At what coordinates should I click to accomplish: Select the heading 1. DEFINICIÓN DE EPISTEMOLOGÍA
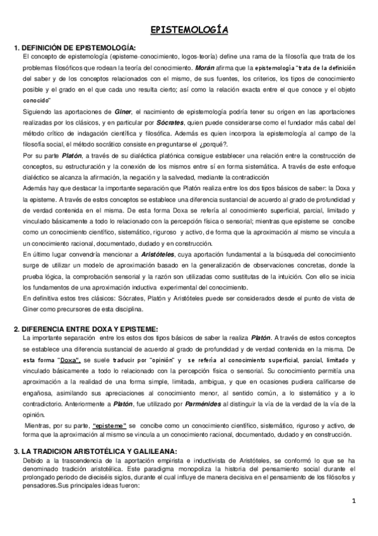pos(74,48)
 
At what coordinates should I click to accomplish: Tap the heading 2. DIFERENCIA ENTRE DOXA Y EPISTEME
pos(85,329)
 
